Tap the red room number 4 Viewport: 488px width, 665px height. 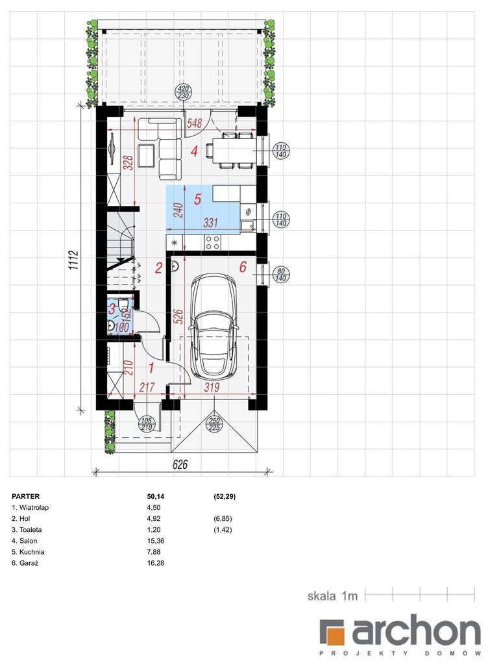(x=194, y=151)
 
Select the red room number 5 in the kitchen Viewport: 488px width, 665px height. (x=197, y=199)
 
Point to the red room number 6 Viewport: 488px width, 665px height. (x=243, y=267)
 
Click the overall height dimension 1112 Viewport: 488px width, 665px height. (x=73, y=260)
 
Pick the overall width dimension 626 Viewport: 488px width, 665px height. (x=180, y=464)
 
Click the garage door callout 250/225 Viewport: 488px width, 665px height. (x=215, y=424)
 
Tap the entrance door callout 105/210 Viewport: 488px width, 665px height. (x=147, y=424)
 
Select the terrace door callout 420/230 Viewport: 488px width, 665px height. (x=183, y=92)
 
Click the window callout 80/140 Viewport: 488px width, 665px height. (x=281, y=275)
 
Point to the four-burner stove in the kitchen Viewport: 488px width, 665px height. (x=212, y=242)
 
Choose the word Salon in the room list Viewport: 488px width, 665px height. (x=29, y=541)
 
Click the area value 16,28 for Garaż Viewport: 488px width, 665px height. (x=156, y=563)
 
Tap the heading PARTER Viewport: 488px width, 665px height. (x=26, y=496)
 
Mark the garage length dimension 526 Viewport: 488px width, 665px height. (x=179, y=317)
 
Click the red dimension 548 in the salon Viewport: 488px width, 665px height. (x=195, y=123)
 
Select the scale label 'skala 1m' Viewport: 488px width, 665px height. (x=332, y=596)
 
